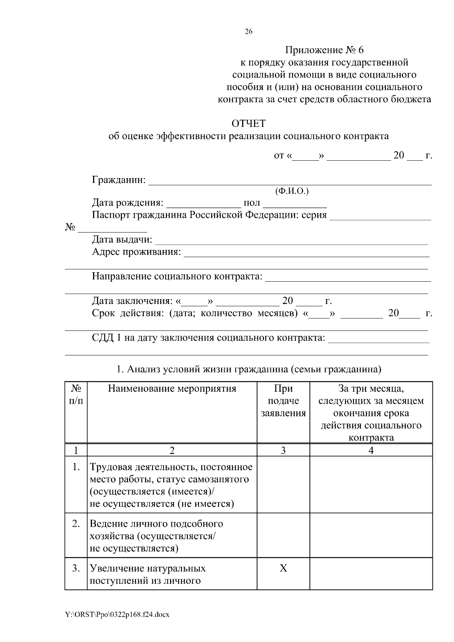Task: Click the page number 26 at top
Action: point(249,32)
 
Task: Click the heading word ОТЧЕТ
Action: point(248,124)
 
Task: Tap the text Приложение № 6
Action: point(324,50)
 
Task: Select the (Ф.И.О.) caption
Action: point(292,191)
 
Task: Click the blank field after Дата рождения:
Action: point(203,205)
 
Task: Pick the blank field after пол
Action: point(295,205)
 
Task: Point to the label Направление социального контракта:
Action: point(177,276)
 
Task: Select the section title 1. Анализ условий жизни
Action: point(249,369)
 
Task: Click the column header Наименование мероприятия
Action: point(172,389)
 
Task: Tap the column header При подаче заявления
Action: point(283,401)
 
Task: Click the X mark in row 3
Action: point(283,568)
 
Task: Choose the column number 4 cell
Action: point(371,450)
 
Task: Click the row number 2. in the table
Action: point(76,524)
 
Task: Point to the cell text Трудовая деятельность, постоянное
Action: point(171,467)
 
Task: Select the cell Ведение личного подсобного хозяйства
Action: point(156,530)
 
